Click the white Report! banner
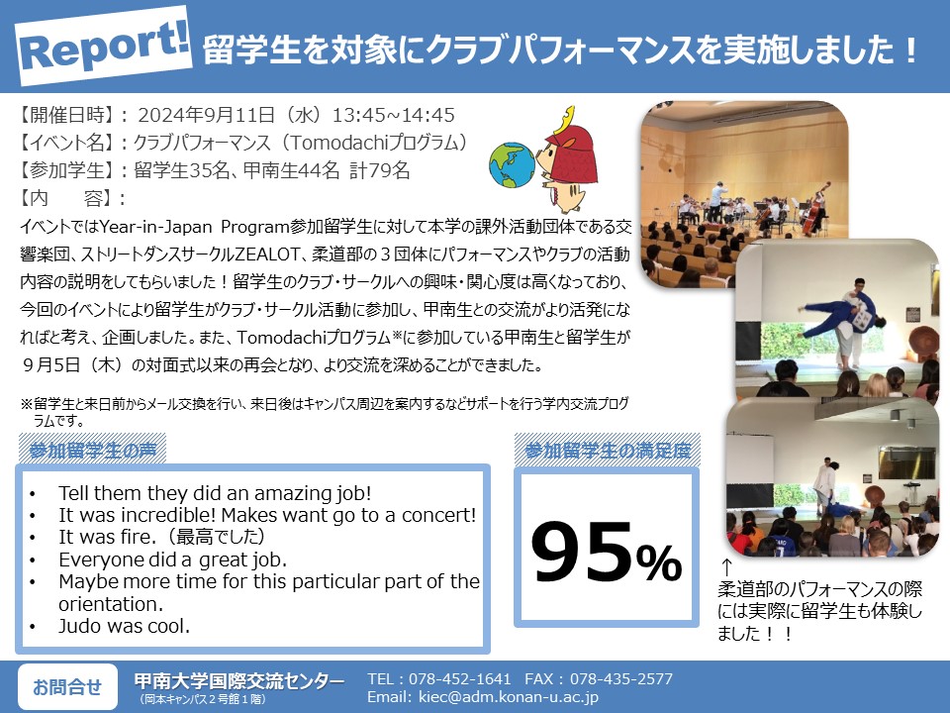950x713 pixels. (104, 46)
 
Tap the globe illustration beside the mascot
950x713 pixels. (512, 165)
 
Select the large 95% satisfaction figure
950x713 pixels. (607, 552)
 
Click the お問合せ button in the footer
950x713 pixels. (67, 687)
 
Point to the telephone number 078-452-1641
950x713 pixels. (460, 678)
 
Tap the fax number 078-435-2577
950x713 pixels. (621, 678)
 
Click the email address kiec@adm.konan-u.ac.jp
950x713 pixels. (509, 697)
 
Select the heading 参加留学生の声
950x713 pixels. (92, 450)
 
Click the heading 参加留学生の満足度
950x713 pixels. (607, 450)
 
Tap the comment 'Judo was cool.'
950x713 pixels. (125, 626)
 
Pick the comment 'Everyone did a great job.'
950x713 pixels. (172, 559)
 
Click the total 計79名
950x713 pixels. (380, 170)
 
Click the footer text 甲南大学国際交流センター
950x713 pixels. (239, 681)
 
